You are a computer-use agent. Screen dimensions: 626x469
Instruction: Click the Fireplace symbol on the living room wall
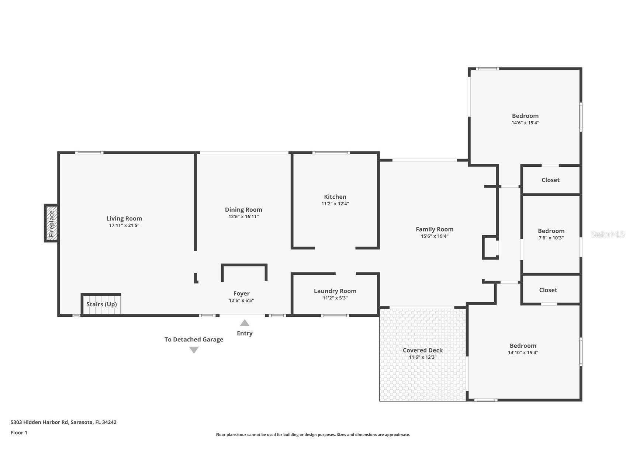(x=51, y=223)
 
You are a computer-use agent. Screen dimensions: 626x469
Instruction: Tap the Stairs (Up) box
(x=101, y=304)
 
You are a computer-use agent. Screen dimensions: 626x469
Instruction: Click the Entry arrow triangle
(x=245, y=323)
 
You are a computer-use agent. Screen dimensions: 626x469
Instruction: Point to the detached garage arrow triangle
(x=194, y=350)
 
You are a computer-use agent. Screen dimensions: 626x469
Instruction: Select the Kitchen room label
(x=335, y=197)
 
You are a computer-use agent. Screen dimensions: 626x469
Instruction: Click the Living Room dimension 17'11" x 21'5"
(x=124, y=225)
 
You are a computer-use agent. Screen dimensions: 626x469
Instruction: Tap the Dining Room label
(x=243, y=210)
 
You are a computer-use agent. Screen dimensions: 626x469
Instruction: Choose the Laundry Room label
(x=335, y=291)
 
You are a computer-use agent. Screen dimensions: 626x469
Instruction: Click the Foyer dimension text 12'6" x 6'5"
(x=241, y=300)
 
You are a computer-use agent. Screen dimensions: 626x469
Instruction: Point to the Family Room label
(x=435, y=229)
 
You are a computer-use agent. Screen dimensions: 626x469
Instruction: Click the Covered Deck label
(x=423, y=350)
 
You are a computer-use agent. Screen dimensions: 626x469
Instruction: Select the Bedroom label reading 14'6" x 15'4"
(x=525, y=116)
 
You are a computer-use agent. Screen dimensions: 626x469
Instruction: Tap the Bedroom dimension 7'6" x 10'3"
(x=551, y=238)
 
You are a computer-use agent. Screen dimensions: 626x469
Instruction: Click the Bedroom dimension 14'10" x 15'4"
(x=523, y=352)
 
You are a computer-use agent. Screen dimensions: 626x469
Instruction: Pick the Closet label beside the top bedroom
(x=550, y=180)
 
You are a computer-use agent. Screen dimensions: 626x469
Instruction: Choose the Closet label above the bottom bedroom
(x=548, y=290)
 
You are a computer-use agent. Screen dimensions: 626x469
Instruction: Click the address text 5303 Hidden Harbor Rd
(x=39, y=422)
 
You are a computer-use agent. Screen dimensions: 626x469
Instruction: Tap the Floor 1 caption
(x=19, y=432)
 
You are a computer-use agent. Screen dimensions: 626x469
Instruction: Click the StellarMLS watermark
(x=608, y=234)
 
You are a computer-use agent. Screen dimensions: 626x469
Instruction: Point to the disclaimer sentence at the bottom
(x=313, y=435)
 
